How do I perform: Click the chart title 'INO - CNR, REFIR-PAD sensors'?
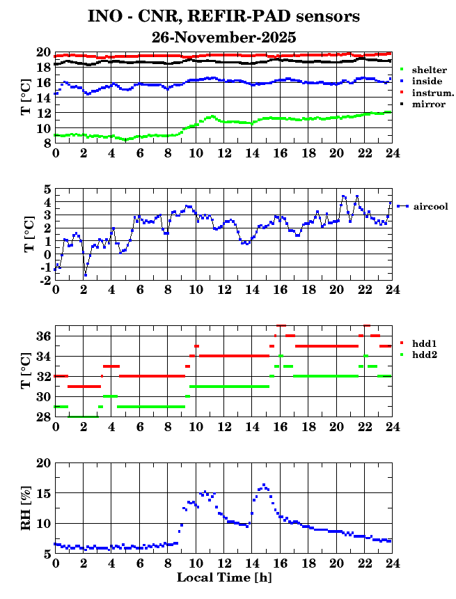tap(223, 16)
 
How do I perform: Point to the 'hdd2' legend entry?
tap(424, 355)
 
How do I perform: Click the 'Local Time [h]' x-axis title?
tap(223, 578)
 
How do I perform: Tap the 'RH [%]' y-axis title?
tap(26, 508)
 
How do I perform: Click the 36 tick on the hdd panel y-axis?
tap(43, 336)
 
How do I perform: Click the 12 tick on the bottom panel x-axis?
tap(223, 563)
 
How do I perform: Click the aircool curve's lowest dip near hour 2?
tap(86, 275)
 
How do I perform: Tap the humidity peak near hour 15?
tap(264, 485)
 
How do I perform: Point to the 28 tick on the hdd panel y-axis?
tap(43, 417)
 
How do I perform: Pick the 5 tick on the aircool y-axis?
tap(47, 189)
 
